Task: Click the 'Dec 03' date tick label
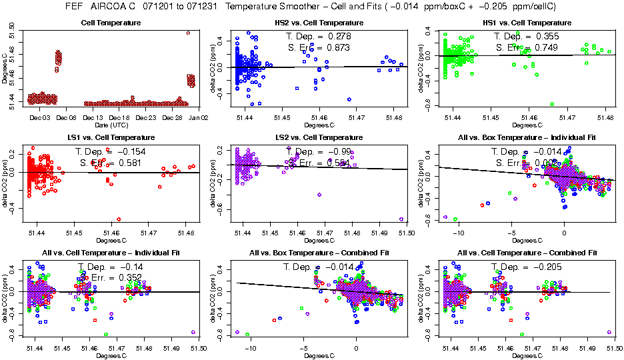[41, 117]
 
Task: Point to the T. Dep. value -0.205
[548, 267]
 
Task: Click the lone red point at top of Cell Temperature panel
[188, 33]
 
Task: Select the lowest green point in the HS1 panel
[552, 104]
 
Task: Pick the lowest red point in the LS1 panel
[119, 219]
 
